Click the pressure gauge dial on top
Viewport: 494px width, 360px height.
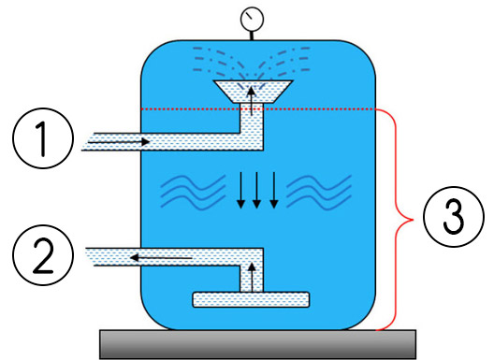point(250,19)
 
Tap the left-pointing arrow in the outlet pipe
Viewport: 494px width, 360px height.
point(159,255)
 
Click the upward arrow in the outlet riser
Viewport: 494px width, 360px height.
point(250,276)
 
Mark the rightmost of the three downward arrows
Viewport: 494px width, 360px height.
point(273,191)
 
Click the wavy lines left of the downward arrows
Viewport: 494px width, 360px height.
point(191,191)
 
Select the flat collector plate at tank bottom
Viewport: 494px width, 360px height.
point(251,300)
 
